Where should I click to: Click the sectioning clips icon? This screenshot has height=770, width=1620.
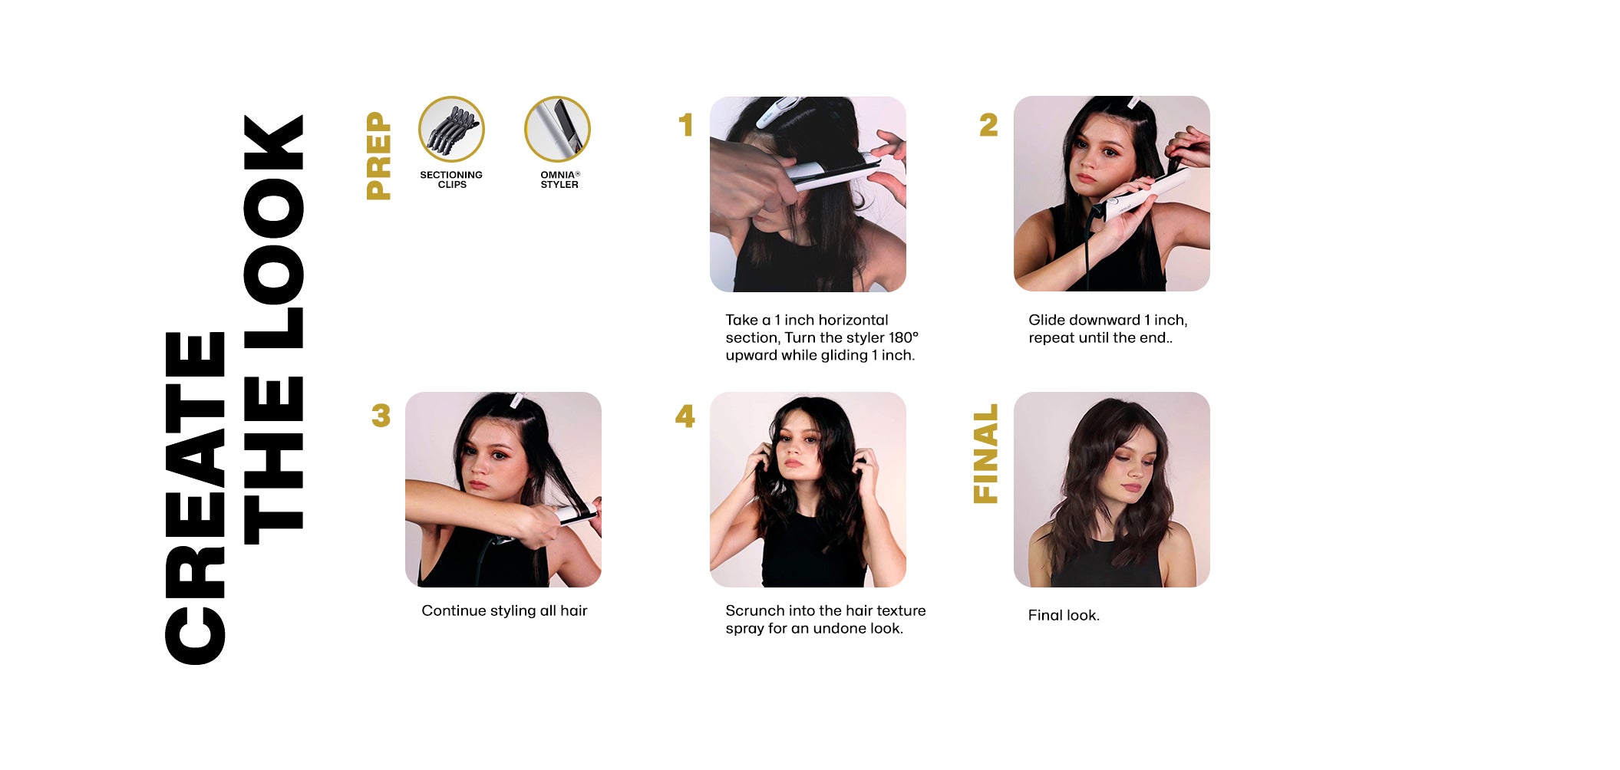451,129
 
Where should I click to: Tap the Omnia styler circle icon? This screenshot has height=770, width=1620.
557,129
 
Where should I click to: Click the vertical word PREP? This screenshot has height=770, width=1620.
379,156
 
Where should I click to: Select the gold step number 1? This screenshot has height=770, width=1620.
686,125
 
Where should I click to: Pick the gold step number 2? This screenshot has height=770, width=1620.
988,125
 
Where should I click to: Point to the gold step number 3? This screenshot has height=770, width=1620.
381,416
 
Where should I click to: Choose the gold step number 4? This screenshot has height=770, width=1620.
685,416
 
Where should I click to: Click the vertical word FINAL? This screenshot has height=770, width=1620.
986,453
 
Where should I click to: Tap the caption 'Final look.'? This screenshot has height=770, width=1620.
1064,615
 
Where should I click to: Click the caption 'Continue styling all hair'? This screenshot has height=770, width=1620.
504,610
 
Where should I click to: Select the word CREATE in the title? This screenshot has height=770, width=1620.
195,499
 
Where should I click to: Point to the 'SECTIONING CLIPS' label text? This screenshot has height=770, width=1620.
451,179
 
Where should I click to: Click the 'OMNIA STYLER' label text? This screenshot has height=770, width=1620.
559,179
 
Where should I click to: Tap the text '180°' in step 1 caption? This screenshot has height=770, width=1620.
903,337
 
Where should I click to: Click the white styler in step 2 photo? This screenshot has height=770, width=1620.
1136,193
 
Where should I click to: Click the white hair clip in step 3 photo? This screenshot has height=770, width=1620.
517,400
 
